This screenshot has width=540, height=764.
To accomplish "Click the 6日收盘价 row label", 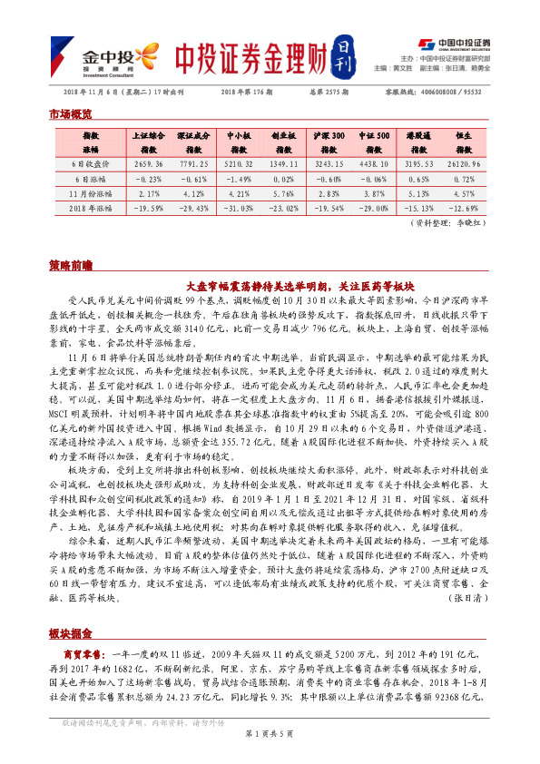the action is pos(91,164).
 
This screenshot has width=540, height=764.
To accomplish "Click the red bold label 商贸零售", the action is pos(83,653).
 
